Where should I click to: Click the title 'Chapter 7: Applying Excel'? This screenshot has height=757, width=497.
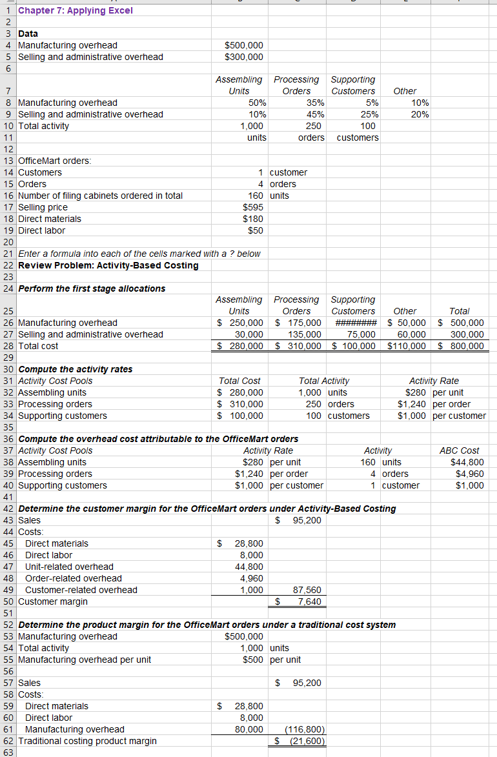[76, 10]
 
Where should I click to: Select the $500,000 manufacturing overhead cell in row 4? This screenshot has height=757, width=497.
[243, 45]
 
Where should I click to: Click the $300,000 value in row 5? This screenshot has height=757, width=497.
[243, 57]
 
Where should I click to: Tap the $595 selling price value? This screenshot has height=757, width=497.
[252, 207]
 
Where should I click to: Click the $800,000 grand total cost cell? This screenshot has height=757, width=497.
[461, 346]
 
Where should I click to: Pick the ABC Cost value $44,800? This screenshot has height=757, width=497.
[466, 462]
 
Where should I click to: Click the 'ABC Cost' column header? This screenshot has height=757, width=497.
[459, 450]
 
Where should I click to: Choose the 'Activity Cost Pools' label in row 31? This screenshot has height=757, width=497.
[56, 381]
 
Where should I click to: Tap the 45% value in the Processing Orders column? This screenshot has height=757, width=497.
[312, 114]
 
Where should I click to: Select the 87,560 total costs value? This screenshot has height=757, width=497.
[307, 590]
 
